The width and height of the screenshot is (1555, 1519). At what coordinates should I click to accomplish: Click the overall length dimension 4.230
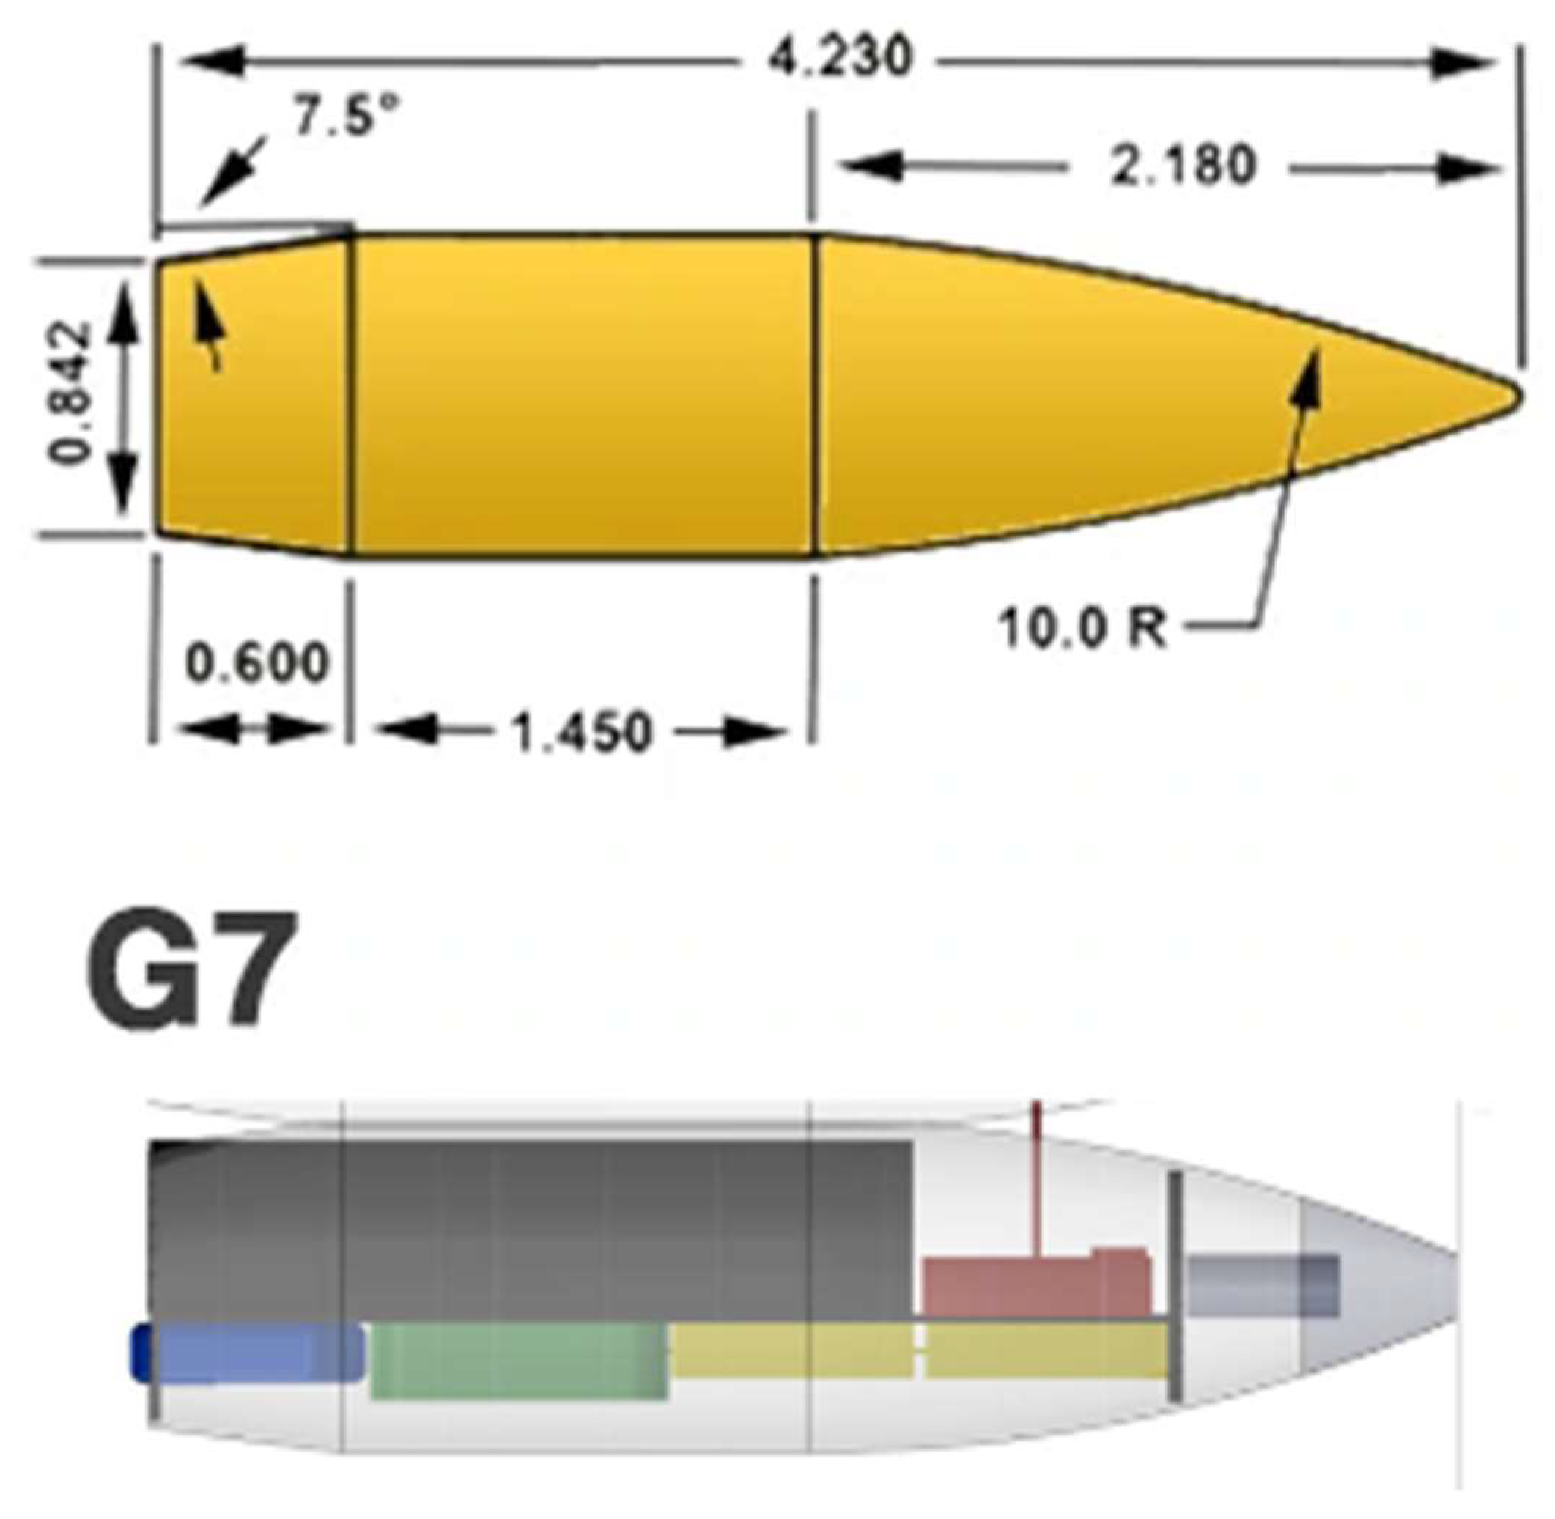click(838, 57)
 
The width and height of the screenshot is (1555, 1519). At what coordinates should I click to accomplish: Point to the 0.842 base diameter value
click(70, 393)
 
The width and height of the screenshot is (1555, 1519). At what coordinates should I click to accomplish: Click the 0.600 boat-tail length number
click(257, 662)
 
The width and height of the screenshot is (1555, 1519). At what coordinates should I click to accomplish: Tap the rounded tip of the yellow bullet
click(1510, 396)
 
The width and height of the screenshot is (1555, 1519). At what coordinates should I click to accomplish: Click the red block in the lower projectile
click(1037, 1287)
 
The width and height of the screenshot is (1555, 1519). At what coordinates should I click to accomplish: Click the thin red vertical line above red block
click(1035, 1180)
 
